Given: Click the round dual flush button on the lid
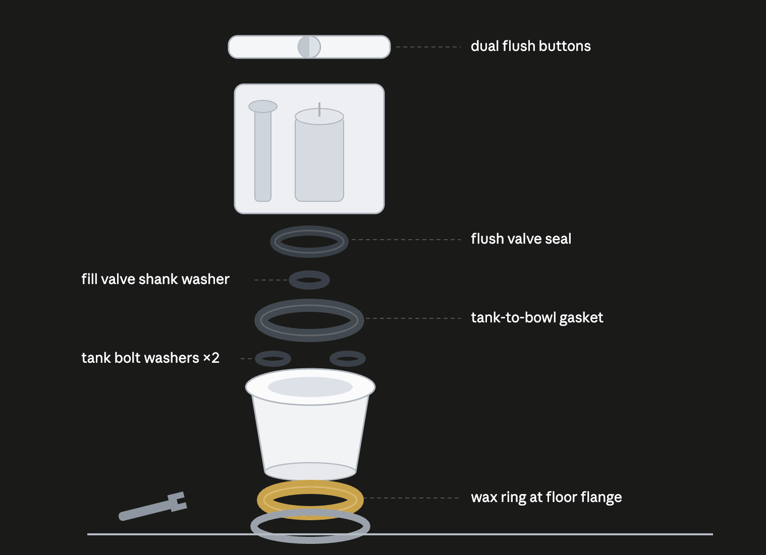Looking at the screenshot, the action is pyautogui.click(x=309, y=47).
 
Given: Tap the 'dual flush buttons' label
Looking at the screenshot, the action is pyautogui.click(x=530, y=46).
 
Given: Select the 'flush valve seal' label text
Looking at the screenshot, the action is pyautogui.click(x=521, y=239).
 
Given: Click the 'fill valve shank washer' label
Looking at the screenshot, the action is pyautogui.click(x=155, y=279).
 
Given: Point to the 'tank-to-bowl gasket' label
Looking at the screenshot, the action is pyautogui.click(x=537, y=318).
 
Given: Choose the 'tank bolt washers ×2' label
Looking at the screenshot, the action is pyautogui.click(x=150, y=358).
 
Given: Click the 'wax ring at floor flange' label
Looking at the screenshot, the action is pyautogui.click(x=546, y=497).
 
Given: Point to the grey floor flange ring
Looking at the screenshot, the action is pyautogui.click(x=310, y=540).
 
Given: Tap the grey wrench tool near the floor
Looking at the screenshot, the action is pyautogui.click(x=153, y=507).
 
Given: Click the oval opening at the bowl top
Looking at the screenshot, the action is pyautogui.click(x=310, y=387).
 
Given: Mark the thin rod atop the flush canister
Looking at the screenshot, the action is pyautogui.click(x=319, y=109).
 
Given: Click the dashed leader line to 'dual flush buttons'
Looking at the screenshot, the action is pyautogui.click(x=428, y=47).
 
